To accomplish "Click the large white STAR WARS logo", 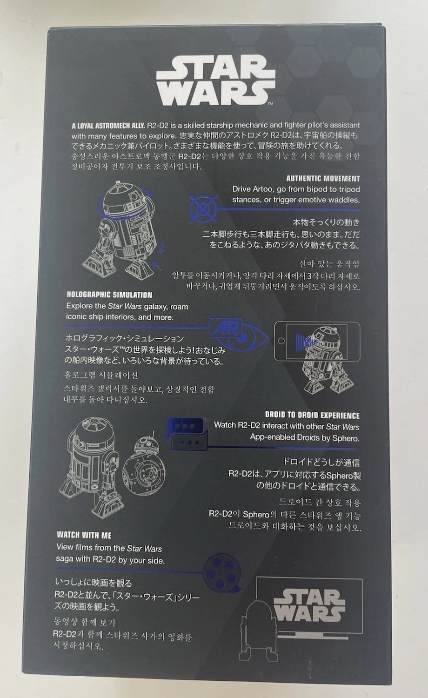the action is click(x=216, y=81).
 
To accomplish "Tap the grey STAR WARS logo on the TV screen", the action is click(x=309, y=605).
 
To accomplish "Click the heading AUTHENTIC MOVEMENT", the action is click(x=323, y=179).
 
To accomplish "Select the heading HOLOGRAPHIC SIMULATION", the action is click(x=109, y=295).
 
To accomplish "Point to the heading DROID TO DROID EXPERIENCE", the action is click(x=312, y=416).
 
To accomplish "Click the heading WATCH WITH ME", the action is click(x=84, y=535).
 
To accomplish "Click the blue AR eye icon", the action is click(x=238, y=334).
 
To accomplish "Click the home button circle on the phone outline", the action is click(x=281, y=341).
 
